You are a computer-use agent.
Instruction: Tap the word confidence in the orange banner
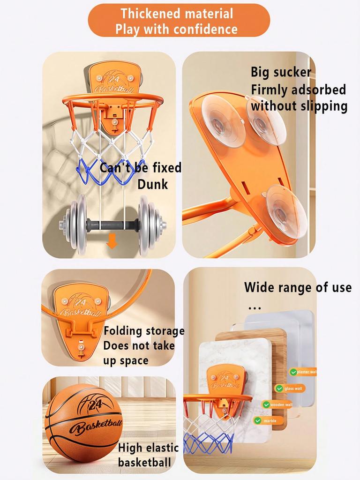pyautogui.click(x=205, y=29)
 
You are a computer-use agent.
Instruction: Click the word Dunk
pyautogui.click(x=152, y=184)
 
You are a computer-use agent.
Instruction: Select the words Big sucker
pyautogui.click(x=281, y=72)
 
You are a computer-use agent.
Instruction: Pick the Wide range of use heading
pyautogui.click(x=298, y=287)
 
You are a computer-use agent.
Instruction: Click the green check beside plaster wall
pyautogui.click(x=293, y=372)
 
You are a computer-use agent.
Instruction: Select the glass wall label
pyautogui.click(x=293, y=389)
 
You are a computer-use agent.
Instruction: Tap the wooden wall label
pyautogui.click(x=281, y=405)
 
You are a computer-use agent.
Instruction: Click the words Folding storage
pyautogui.click(x=144, y=331)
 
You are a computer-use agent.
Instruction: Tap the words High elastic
pyautogui.click(x=148, y=448)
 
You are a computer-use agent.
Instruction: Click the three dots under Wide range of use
pyautogui.click(x=254, y=308)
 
